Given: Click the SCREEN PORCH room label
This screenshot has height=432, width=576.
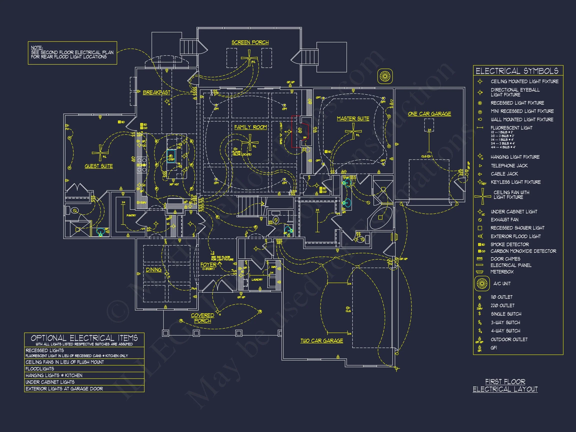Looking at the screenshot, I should (250, 42).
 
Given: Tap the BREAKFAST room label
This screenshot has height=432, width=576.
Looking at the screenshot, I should (156, 92).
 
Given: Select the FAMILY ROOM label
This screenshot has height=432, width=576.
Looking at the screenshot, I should (250, 127).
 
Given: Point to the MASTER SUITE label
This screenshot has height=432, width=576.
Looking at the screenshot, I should (353, 119).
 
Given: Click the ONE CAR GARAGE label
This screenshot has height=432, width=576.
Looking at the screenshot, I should (429, 114).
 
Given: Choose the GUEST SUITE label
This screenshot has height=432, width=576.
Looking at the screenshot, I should (99, 166).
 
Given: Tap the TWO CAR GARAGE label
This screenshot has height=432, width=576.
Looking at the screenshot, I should (321, 340).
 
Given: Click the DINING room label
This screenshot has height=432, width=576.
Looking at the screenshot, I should (154, 270).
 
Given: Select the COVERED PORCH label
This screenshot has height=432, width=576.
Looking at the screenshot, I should (202, 318).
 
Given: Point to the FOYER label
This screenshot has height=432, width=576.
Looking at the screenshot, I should (208, 264).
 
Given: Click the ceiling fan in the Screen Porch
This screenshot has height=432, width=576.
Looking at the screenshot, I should (249, 58).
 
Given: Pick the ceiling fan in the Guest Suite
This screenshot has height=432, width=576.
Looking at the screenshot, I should (100, 153).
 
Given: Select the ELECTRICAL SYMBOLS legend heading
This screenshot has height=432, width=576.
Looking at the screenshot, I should (517, 71).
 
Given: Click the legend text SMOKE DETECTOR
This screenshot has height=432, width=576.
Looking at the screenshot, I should (509, 244).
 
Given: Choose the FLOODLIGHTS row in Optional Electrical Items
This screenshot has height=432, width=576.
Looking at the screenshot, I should (40, 369).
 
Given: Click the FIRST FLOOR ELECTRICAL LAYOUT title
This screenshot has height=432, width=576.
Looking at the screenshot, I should (505, 385).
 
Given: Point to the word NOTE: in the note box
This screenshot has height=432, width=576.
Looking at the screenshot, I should (37, 48).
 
